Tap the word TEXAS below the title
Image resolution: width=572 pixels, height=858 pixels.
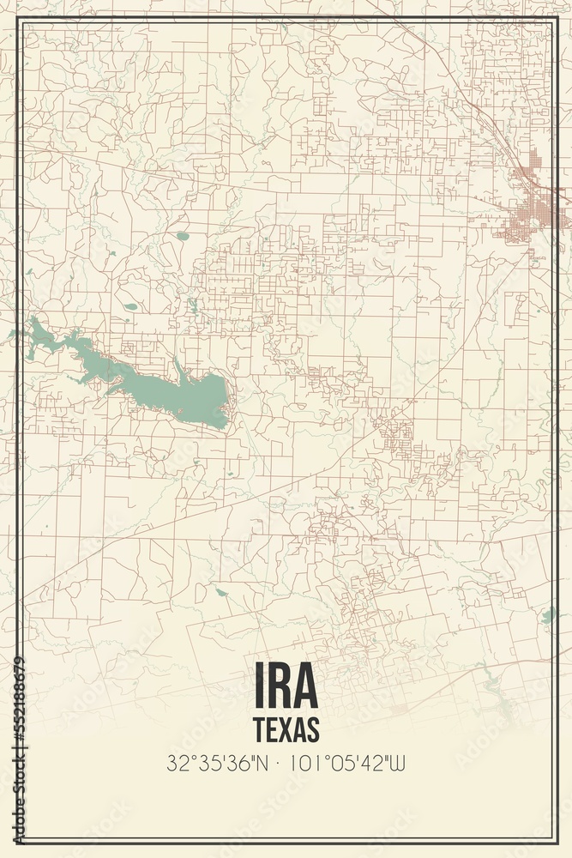click(286, 728)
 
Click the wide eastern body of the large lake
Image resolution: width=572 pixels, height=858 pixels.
click(197, 399)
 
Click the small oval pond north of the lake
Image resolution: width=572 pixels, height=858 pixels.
click(182, 235)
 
